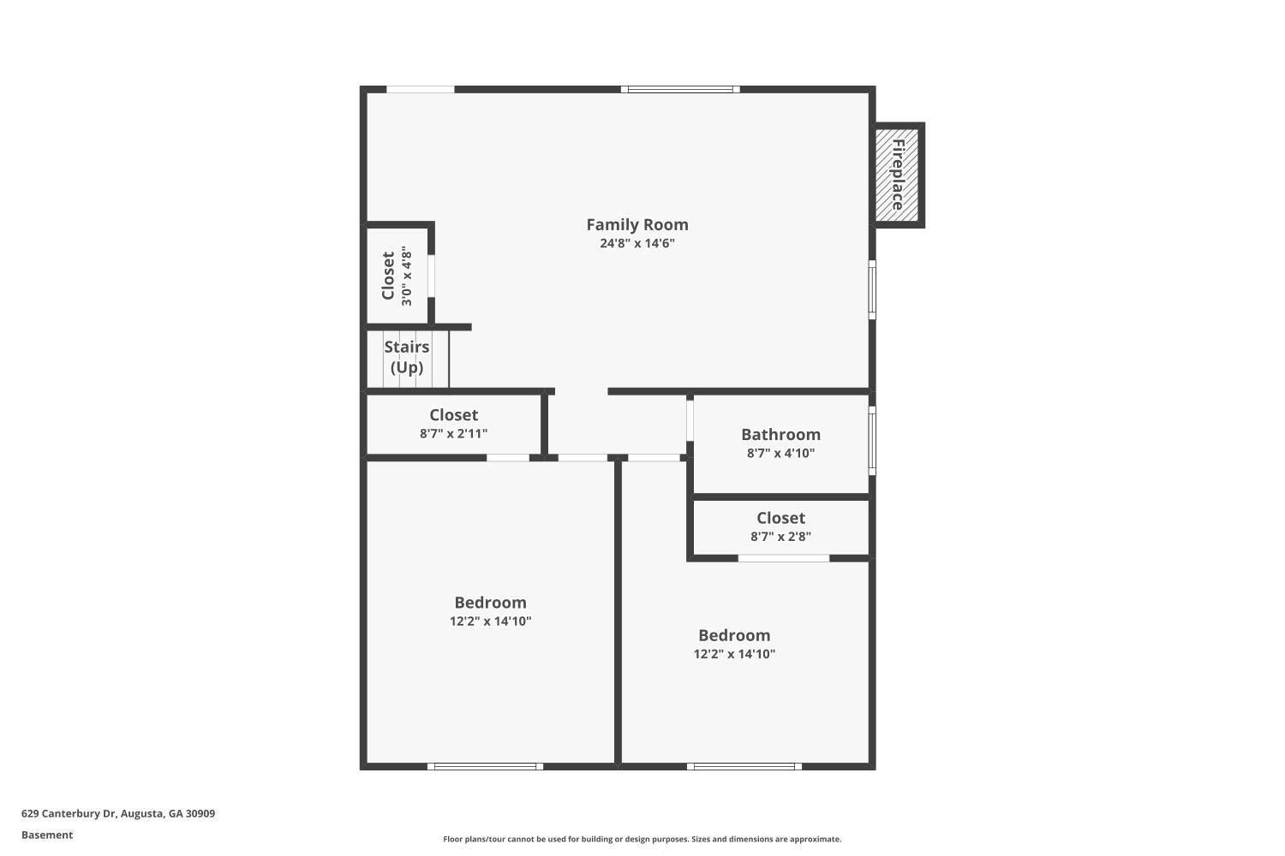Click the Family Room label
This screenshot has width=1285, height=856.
637,225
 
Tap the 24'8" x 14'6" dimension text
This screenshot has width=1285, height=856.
637,243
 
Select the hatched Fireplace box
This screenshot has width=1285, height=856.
897,175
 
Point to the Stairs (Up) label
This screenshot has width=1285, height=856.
407,357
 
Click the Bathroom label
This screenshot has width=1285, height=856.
780,435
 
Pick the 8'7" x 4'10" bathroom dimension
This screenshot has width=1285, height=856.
780,454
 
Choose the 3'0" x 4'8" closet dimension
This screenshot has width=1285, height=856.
407,276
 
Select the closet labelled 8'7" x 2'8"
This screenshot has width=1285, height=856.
780,526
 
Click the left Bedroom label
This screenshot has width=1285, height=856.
490,603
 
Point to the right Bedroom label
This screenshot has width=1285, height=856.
733,635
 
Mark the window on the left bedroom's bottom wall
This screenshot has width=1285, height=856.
485,767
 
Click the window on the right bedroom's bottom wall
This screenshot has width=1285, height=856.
744,767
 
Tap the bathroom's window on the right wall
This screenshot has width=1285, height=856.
872,441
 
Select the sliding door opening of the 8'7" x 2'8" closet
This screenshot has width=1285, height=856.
784,558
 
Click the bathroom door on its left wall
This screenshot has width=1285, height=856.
690,420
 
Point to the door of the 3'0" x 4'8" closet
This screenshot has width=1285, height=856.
432,276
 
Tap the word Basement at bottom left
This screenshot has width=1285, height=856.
47,835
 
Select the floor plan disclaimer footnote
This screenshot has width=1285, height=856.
642,840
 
